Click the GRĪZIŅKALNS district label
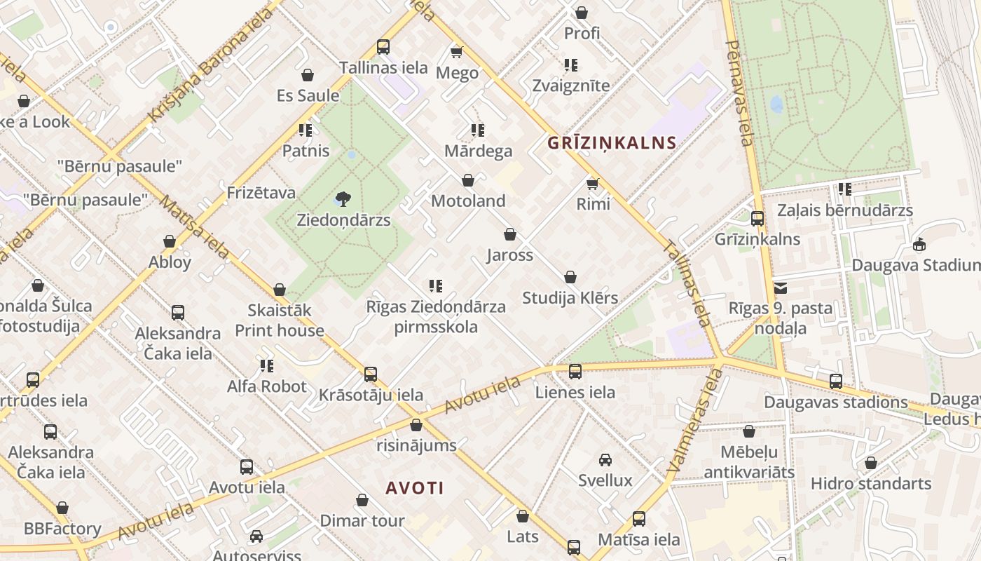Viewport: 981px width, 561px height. (x=611, y=143)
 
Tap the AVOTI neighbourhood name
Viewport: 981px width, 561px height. (x=415, y=488)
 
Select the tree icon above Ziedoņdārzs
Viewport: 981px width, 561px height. (x=343, y=199)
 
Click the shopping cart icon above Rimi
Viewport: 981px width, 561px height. (x=593, y=184)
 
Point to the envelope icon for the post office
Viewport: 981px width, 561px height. (x=781, y=288)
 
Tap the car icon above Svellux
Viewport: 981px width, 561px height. (x=605, y=460)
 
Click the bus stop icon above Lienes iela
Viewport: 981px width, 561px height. (x=575, y=372)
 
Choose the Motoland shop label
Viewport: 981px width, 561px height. (x=468, y=201)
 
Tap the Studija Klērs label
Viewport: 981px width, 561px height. (x=570, y=298)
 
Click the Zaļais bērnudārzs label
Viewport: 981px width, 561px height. (x=845, y=210)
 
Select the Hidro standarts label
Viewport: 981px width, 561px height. (x=871, y=484)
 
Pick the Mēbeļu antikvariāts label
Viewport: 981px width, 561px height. (x=749, y=461)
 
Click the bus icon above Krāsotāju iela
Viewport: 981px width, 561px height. (x=371, y=374)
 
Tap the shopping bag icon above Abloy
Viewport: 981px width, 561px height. (x=170, y=242)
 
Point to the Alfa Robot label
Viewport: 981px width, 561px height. (x=267, y=386)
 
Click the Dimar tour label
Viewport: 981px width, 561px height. (x=362, y=521)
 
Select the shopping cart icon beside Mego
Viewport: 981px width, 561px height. (x=457, y=52)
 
